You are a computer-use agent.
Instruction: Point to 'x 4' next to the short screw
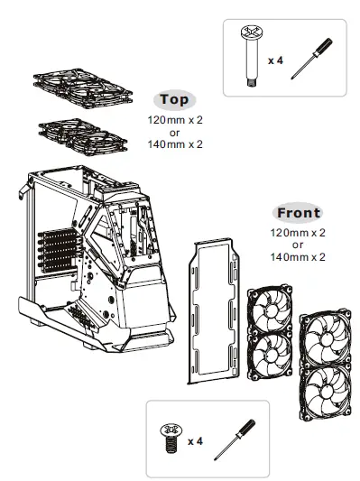click(x=195, y=441)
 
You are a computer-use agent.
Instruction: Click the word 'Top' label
click(x=175, y=99)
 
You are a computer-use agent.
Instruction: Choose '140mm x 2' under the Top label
click(x=175, y=143)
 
